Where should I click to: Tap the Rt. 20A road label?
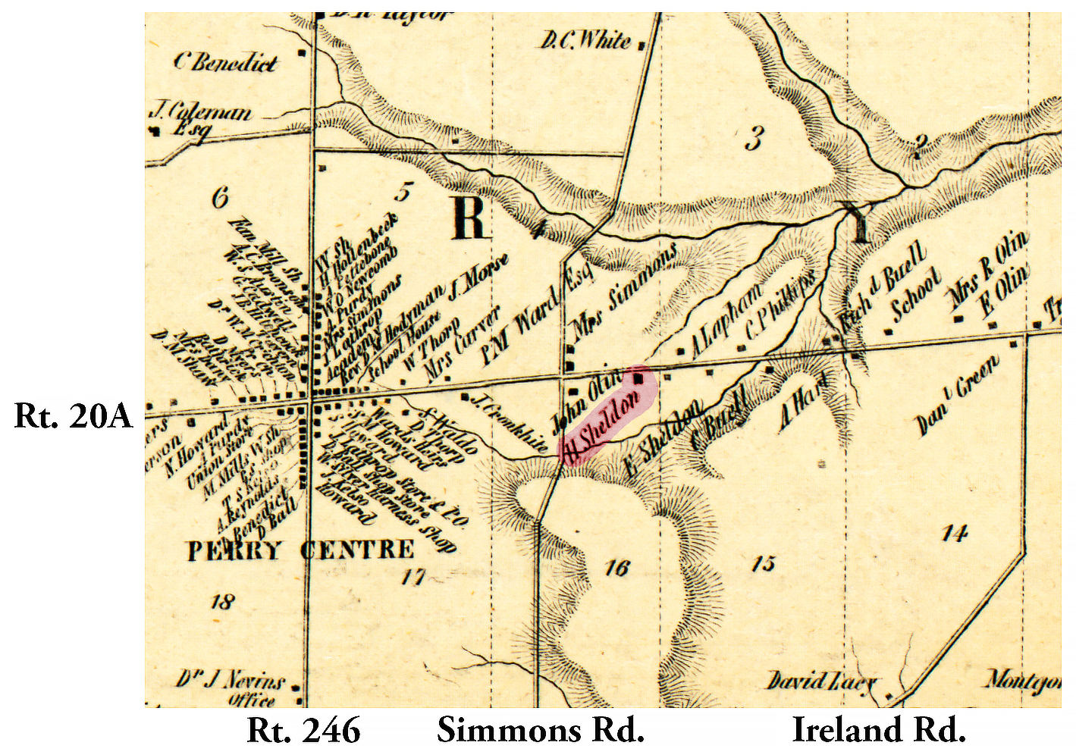click(x=73, y=416)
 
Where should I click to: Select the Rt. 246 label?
click(x=303, y=730)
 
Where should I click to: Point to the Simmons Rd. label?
click(x=541, y=730)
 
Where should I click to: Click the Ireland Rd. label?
click(x=879, y=730)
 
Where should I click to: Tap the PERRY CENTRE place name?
click(x=301, y=550)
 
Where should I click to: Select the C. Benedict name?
click(x=226, y=62)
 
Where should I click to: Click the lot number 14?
click(x=954, y=534)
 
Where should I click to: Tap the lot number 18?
click(x=222, y=603)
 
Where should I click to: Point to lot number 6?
click(x=220, y=199)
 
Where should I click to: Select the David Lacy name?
click(x=822, y=680)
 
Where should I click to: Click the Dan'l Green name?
click(x=957, y=396)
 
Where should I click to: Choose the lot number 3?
click(x=752, y=139)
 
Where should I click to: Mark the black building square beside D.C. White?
click(x=643, y=45)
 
